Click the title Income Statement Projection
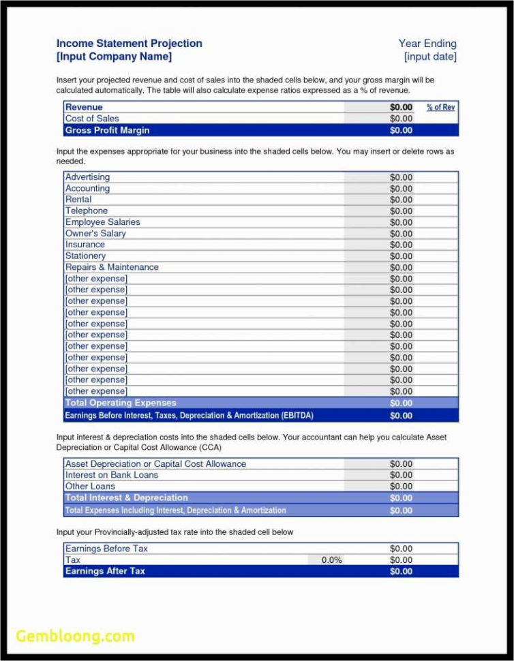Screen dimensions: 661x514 [129, 44]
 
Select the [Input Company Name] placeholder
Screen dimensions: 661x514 [114, 57]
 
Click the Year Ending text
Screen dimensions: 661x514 [427, 44]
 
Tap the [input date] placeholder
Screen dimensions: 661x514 [430, 57]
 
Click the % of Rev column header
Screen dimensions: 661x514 [440, 107]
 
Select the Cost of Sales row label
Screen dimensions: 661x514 [92, 119]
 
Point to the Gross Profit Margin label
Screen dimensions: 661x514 [107, 130]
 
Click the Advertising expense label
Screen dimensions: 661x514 [87, 177]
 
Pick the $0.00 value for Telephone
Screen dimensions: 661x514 [401, 211]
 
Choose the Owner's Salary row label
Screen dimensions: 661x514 [95, 234]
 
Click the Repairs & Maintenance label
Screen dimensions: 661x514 [112, 267]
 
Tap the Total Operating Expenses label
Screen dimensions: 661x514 [121, 403]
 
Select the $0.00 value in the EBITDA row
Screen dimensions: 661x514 [401, 415]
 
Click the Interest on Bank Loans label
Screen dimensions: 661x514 [111, 475]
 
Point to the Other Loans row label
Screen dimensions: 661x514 [90, 487]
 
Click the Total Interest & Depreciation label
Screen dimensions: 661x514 [126, 497]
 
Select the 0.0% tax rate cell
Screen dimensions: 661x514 [331, 560]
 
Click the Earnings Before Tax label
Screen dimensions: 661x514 [106, 549]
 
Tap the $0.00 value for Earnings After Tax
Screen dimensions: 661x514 [401, 571]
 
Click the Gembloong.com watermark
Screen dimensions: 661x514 [75, 636]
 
